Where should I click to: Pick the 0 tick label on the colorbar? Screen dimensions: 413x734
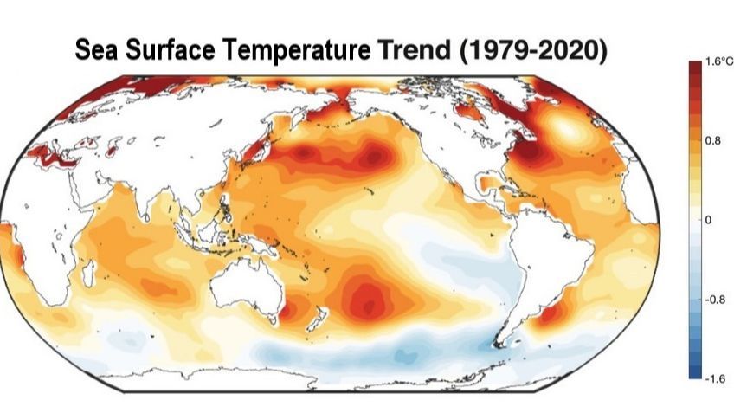708,220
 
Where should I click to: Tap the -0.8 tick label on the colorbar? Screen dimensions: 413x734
715,300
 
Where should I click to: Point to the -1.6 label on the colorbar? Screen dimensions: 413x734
715,378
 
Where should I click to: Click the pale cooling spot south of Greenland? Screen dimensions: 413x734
567,130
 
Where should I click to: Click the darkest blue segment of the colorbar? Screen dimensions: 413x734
695,373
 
